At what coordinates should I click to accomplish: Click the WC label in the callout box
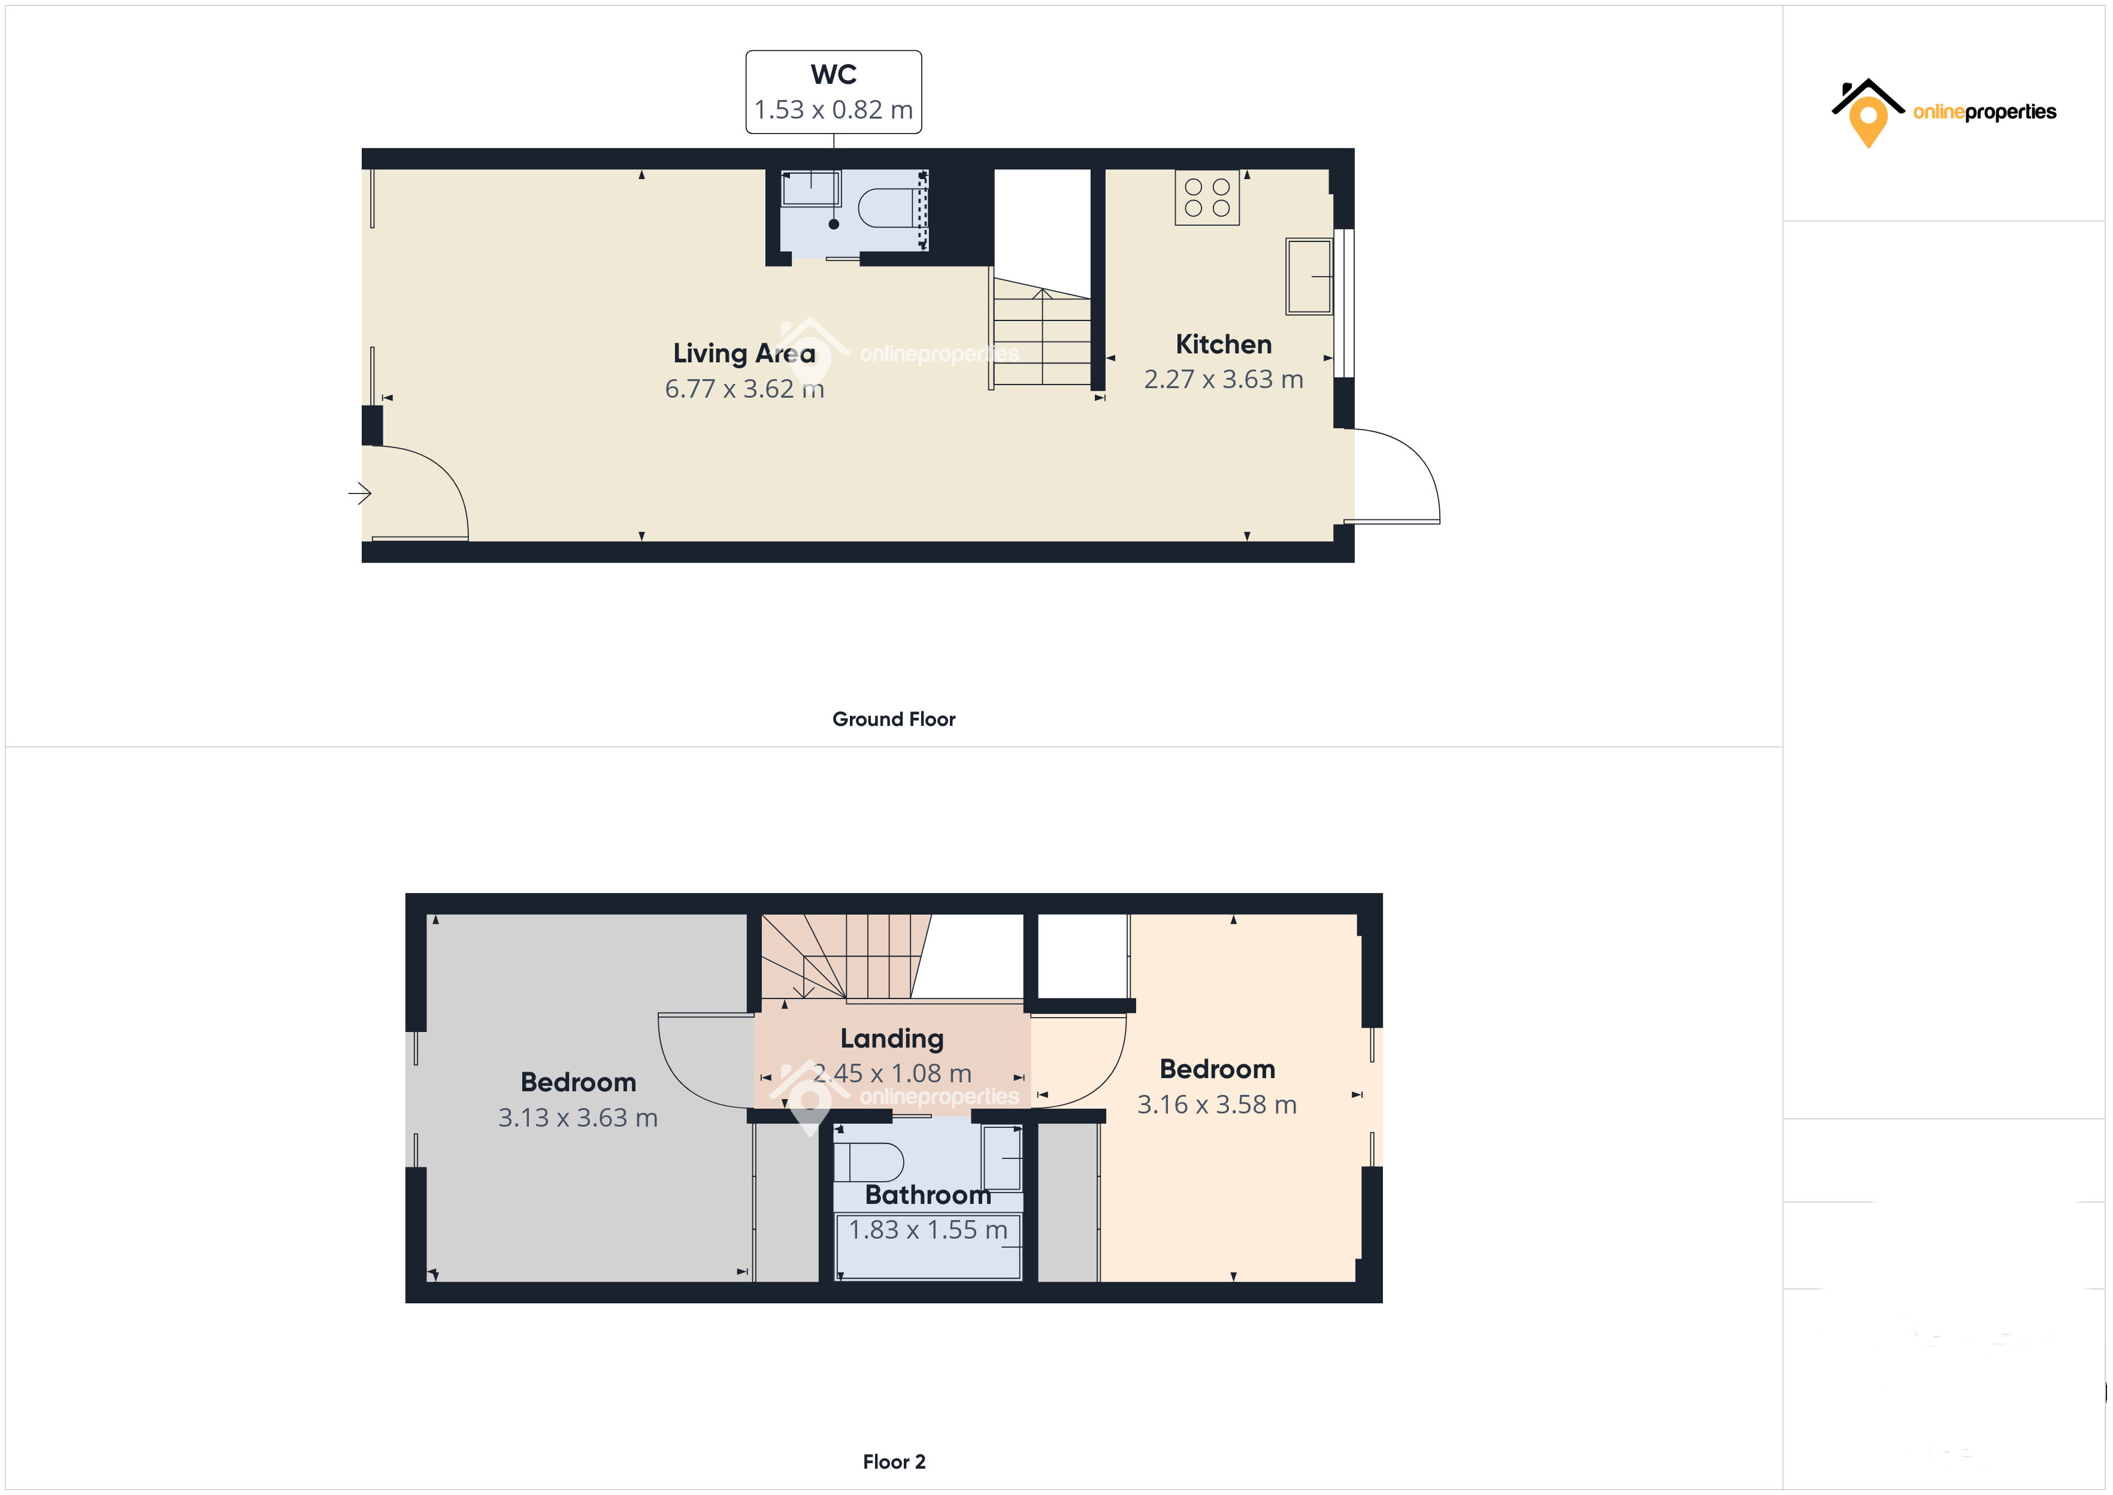pyautogui.click(x=833, y=74)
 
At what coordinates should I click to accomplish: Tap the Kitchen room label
pyautogui.click(x=1223, y=344)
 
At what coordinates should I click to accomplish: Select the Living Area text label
pyautogui.click(x=744, y=353)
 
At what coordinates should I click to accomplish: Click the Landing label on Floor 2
pyautogui.click(x=892, y=1039)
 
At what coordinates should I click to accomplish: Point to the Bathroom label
pyautogui.click(x=928, y=1195)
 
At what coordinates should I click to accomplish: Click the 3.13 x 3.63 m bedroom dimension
pyautogui.click(x=578, y=1118)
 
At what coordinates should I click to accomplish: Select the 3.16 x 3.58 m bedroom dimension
pyautogui.click(x=1216, y=1104)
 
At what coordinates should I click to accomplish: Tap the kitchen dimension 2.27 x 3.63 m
pyautogui.click(x=1223, y=379)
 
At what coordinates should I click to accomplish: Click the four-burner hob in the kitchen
pyautogui.click(x=1206, y=198)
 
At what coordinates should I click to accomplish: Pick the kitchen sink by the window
pyautogui.click(x=1309, y=276)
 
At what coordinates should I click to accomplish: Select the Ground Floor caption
pyautogui.click(x=894, y=719)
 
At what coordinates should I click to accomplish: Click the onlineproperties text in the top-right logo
pyautogui.click(x=1984, y=113)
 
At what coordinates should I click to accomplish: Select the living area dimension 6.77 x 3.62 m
pyautogui.click(x=744, y=389)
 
